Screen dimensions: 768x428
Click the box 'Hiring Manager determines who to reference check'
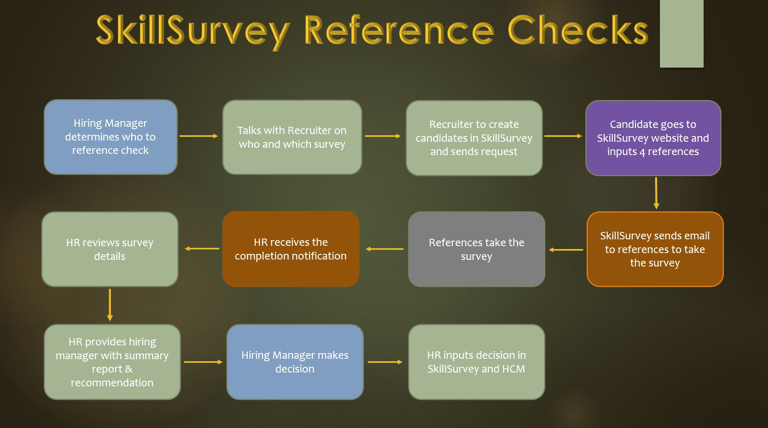coord(111,137)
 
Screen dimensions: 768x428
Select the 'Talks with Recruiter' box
coord(292,137)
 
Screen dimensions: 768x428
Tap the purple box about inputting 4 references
coord(653,138)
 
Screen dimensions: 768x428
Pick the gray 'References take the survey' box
coord(477,249)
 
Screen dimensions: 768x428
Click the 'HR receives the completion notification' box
coord(291,249)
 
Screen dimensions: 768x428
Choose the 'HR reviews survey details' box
coord(110,249)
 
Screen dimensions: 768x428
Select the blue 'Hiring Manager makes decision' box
coord(295,362)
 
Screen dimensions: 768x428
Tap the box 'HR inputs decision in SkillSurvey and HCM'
coord(477,362)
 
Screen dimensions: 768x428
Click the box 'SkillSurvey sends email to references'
coord(655,249)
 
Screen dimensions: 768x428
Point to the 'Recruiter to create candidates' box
coord(474,138)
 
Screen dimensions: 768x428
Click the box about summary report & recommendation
coord(112,362)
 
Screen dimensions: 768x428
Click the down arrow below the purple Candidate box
coord(656,193)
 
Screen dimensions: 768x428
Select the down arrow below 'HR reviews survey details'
coord(110,305)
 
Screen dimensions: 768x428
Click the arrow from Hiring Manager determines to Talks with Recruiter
coord(199,136)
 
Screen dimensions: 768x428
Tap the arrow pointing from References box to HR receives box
coord(385,249)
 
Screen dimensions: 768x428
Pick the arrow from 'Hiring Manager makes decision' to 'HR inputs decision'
coord(385,362)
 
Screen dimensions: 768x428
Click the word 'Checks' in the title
coord(578,30)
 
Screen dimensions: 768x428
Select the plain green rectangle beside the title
coord(682,34)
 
